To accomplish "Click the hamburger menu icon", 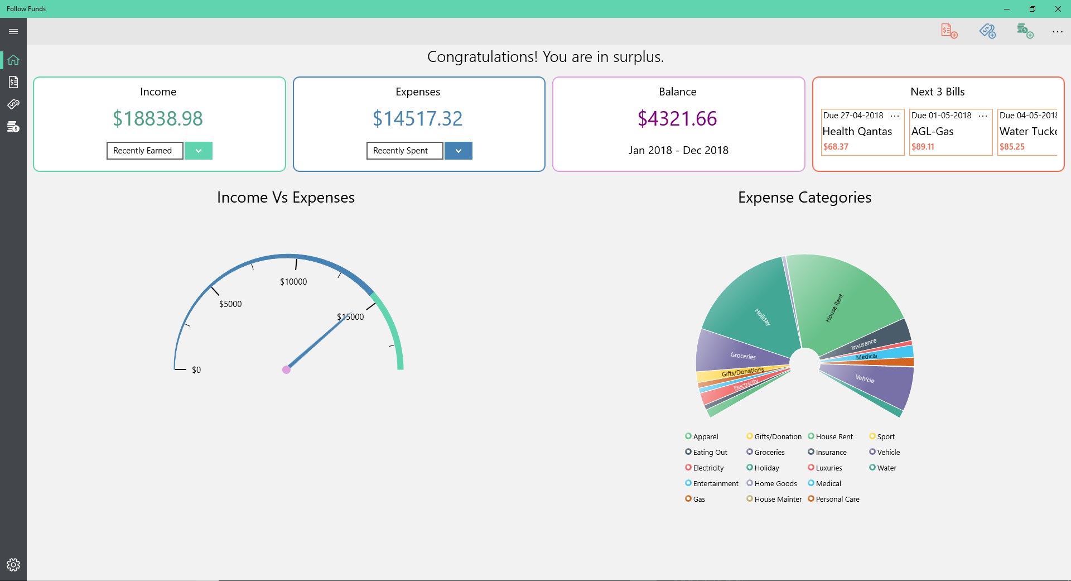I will [x=13, y=31].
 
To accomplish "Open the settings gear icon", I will [x=13, y=565].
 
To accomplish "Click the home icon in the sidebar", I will [x=13, y=60].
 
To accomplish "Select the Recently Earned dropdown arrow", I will [x=198, y=151].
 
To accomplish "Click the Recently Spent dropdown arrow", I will [x=458, y=151].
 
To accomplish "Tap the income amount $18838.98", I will [x=158, y=118].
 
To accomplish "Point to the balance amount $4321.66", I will [x=677, y=118].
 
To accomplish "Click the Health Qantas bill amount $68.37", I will [x=836, y=147].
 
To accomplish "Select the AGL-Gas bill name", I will [x=932, y=132].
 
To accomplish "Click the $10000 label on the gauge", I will [x=293, y=282].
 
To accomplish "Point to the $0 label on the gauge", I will [x=196, y=370].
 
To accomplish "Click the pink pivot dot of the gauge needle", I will [x=286, y=369].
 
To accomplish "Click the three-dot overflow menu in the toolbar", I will [x=1057, y=32].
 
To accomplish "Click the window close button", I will [x=1058, y=9].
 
